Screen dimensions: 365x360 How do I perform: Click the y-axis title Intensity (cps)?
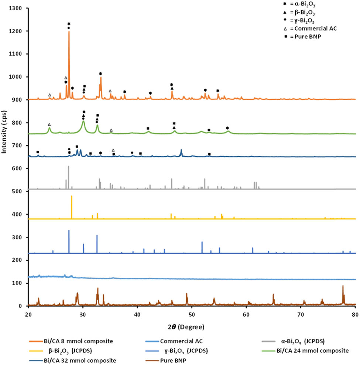5,157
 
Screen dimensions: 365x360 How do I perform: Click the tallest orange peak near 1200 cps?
69,32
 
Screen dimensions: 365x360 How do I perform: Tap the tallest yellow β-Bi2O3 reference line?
72,196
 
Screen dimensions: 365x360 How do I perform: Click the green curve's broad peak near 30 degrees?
83,121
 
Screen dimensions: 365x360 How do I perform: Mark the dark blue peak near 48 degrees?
181,150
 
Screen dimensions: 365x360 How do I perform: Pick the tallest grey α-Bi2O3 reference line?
69,167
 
